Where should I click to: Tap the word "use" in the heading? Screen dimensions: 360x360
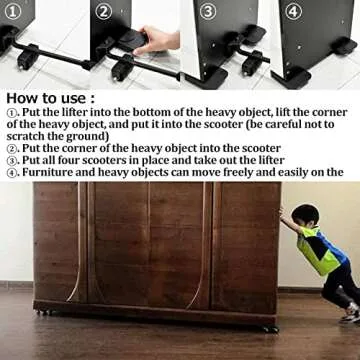(77, 99)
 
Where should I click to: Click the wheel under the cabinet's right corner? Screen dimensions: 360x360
(270, 327)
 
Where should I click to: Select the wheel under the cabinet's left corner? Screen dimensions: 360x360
(41, 314)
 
